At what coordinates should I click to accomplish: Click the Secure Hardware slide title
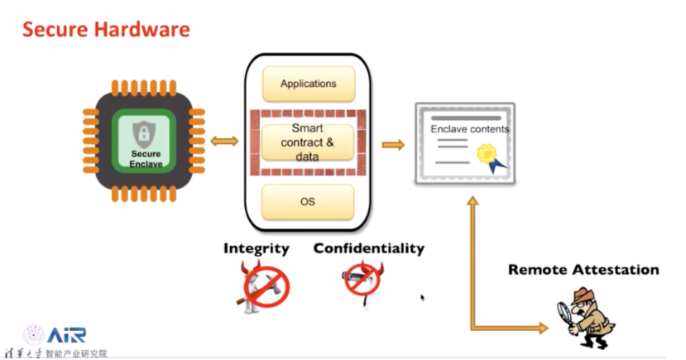[106, 30]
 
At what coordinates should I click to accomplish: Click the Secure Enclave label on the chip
[146, 159]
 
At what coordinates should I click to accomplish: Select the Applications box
[308, 84]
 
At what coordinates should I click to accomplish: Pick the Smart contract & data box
[308, 142]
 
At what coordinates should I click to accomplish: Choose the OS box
[308, 201]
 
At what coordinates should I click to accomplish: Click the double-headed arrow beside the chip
[223, 142]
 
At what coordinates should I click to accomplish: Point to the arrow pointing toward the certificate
[393, 145]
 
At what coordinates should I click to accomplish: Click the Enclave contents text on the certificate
[469, 129]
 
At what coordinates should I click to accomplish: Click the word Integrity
[257, 248]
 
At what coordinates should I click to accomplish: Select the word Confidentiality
[368, 248]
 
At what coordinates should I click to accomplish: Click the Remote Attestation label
[583, 270]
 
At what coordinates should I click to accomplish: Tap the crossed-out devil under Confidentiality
[364, 281]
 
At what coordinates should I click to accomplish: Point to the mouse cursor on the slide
[422, 297]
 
